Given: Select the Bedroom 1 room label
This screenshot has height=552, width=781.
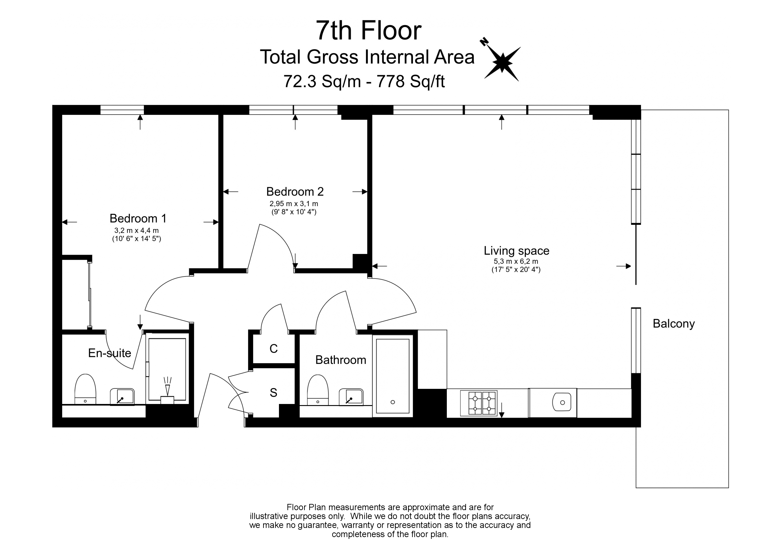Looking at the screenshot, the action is (138, 218).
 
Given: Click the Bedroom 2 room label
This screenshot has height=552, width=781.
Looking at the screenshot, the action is (295, 192).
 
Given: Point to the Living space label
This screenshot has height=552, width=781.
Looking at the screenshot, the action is (516, 251).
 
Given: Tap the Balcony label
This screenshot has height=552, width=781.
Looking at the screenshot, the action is (673, 324).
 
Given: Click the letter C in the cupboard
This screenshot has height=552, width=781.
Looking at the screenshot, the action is (273, 349).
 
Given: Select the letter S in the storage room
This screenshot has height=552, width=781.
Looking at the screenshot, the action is (273, 393).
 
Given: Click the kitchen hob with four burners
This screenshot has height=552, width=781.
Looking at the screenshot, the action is (479, 403).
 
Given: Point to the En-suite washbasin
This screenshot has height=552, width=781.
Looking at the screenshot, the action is (122, 397).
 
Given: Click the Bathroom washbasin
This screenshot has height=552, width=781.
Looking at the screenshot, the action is (351, 397).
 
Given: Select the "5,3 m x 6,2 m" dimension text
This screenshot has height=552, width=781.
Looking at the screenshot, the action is (516, 262).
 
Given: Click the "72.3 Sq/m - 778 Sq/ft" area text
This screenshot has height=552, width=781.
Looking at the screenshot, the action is (364, 82).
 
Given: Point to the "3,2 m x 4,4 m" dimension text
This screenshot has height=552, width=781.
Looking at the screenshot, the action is (136, 231).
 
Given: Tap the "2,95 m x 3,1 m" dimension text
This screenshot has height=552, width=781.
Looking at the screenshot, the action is (294, 204).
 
